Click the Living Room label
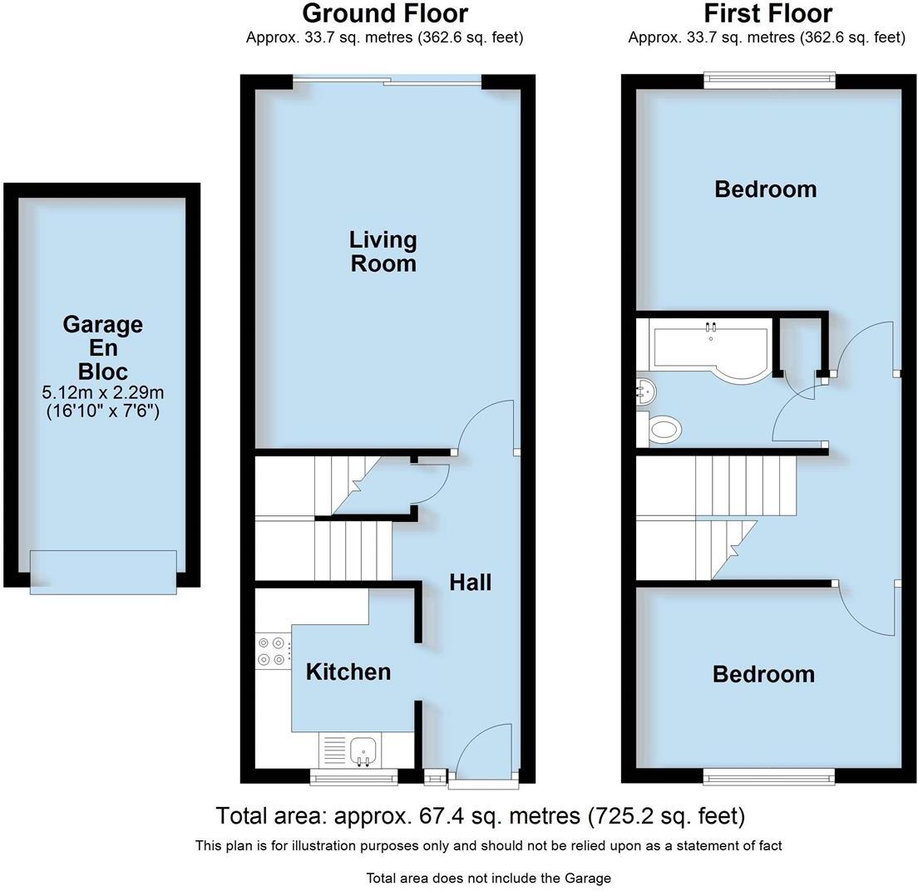(x=382, y=252)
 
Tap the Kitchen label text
(x=348, y=672)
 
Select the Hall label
(x=470, y=582)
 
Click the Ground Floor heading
(x=384, y=14)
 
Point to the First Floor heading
(x=767, y=14)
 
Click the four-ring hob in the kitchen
(x=271, y=651)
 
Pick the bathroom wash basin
(x=645, y=388)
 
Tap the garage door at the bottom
(x=103, y=573)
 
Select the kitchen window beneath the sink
(x=353, y=778)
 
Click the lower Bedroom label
(x=763, y=674)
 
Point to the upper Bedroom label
(x=765, y=190)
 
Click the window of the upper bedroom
(x=768, y=80)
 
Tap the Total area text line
(x=480, y=816)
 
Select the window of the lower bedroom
(x=768, y=777)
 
